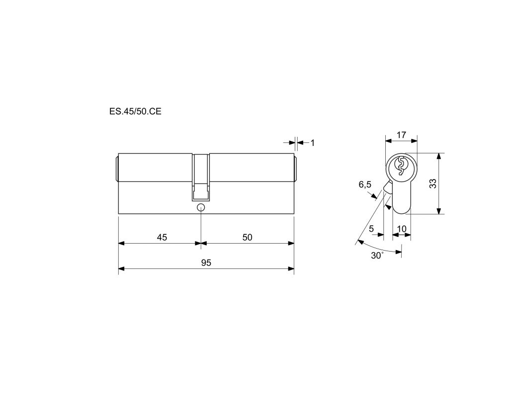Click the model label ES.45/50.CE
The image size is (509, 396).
tap(135, 112)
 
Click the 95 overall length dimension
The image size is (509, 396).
tap(206, 263)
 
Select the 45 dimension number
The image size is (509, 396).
tap(162, 238)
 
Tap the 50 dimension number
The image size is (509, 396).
tap(247, 238)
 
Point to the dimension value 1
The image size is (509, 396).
tap(313, 143)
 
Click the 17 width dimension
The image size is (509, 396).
tap(402, 135)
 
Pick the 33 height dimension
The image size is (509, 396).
tap(433, 184)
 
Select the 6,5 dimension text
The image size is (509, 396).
tap(365, 185)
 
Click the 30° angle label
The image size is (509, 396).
tap(377, 256)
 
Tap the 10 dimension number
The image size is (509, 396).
tap(402, 229)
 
